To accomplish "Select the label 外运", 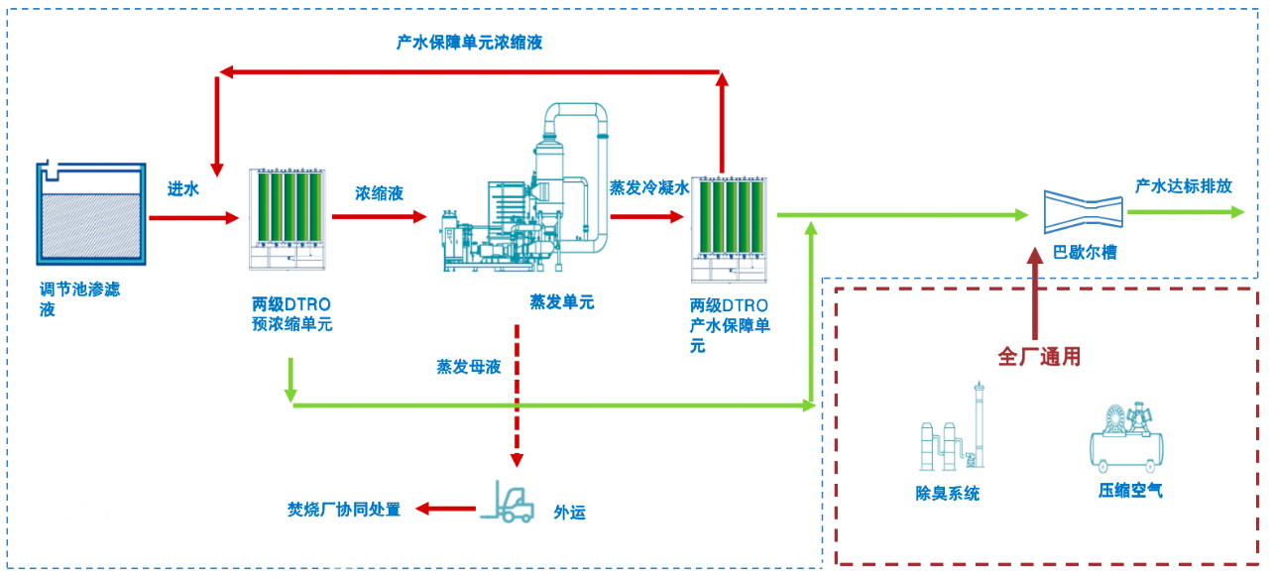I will click(x=569, y=513).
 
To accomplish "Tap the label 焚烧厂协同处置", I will click(x=344, y=510).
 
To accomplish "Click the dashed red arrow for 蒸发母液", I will click(x=516, y=397).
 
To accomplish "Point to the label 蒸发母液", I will click(x=469, y=367).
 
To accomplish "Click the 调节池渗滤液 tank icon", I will click(x=90, y=214).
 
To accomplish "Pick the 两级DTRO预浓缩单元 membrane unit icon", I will click(x=288, y=219).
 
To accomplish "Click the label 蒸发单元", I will click(x=562, y=302).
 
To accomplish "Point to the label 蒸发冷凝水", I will click(x=648, y=187).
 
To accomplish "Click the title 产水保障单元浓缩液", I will click(x=469, y=43).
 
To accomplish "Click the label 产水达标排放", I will click(x=1184, y=185).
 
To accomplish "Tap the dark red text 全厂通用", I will click(x=1038, y=357).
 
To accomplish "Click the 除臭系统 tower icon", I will click(x=950, y=431).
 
